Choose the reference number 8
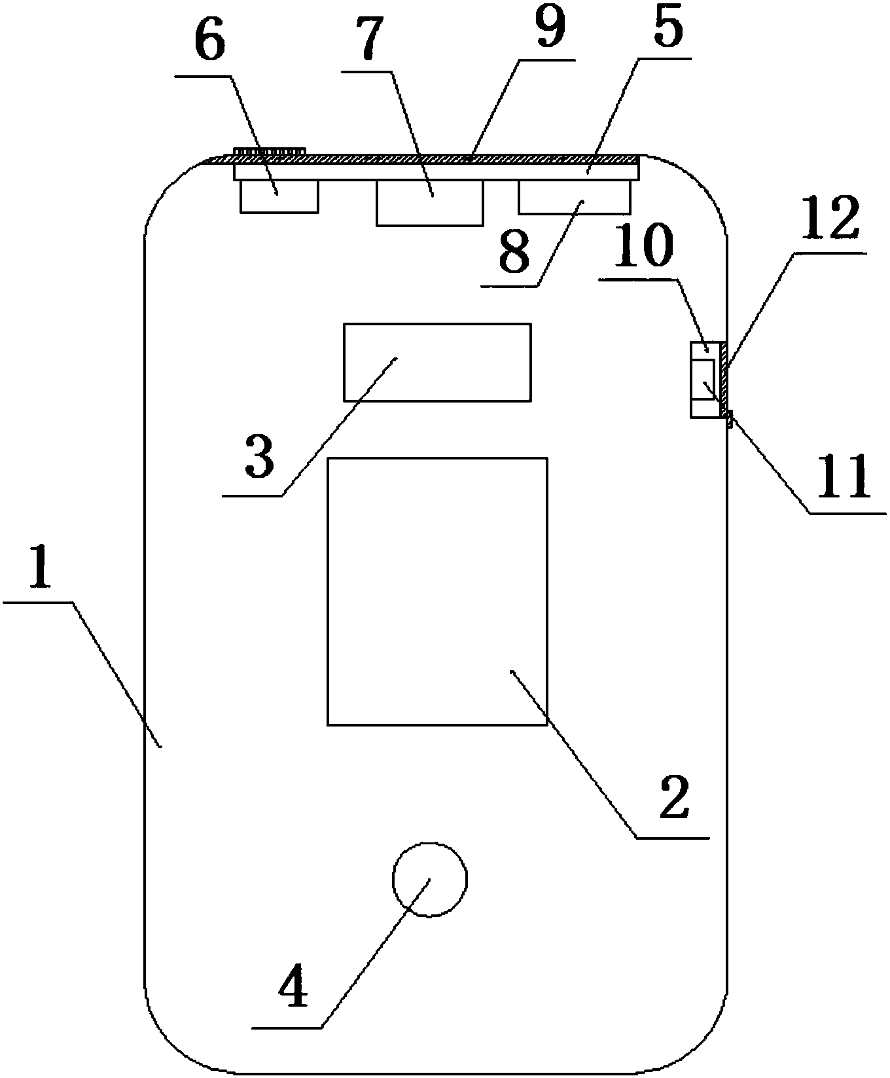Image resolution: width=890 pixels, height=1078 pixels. coord(514,252)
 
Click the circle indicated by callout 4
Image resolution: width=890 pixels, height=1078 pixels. coord(429,879)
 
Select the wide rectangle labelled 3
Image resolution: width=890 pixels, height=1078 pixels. coord(437,361)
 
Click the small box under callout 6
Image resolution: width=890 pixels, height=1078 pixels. coord(279,196)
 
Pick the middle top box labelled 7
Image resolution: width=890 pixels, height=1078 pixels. coord(429,203)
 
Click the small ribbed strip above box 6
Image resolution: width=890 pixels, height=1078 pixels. coord(270,152)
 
